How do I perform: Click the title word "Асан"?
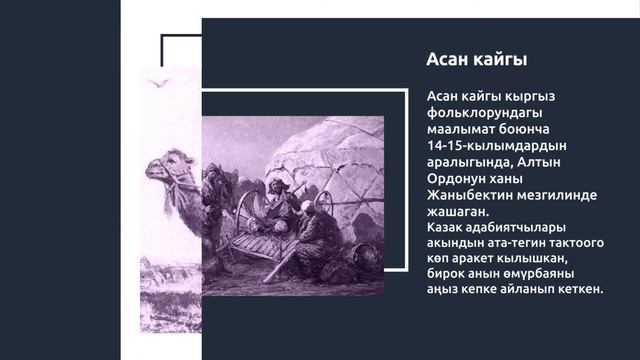click(x=448, y=60)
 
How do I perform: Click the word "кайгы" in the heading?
click(x=499, y=60)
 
